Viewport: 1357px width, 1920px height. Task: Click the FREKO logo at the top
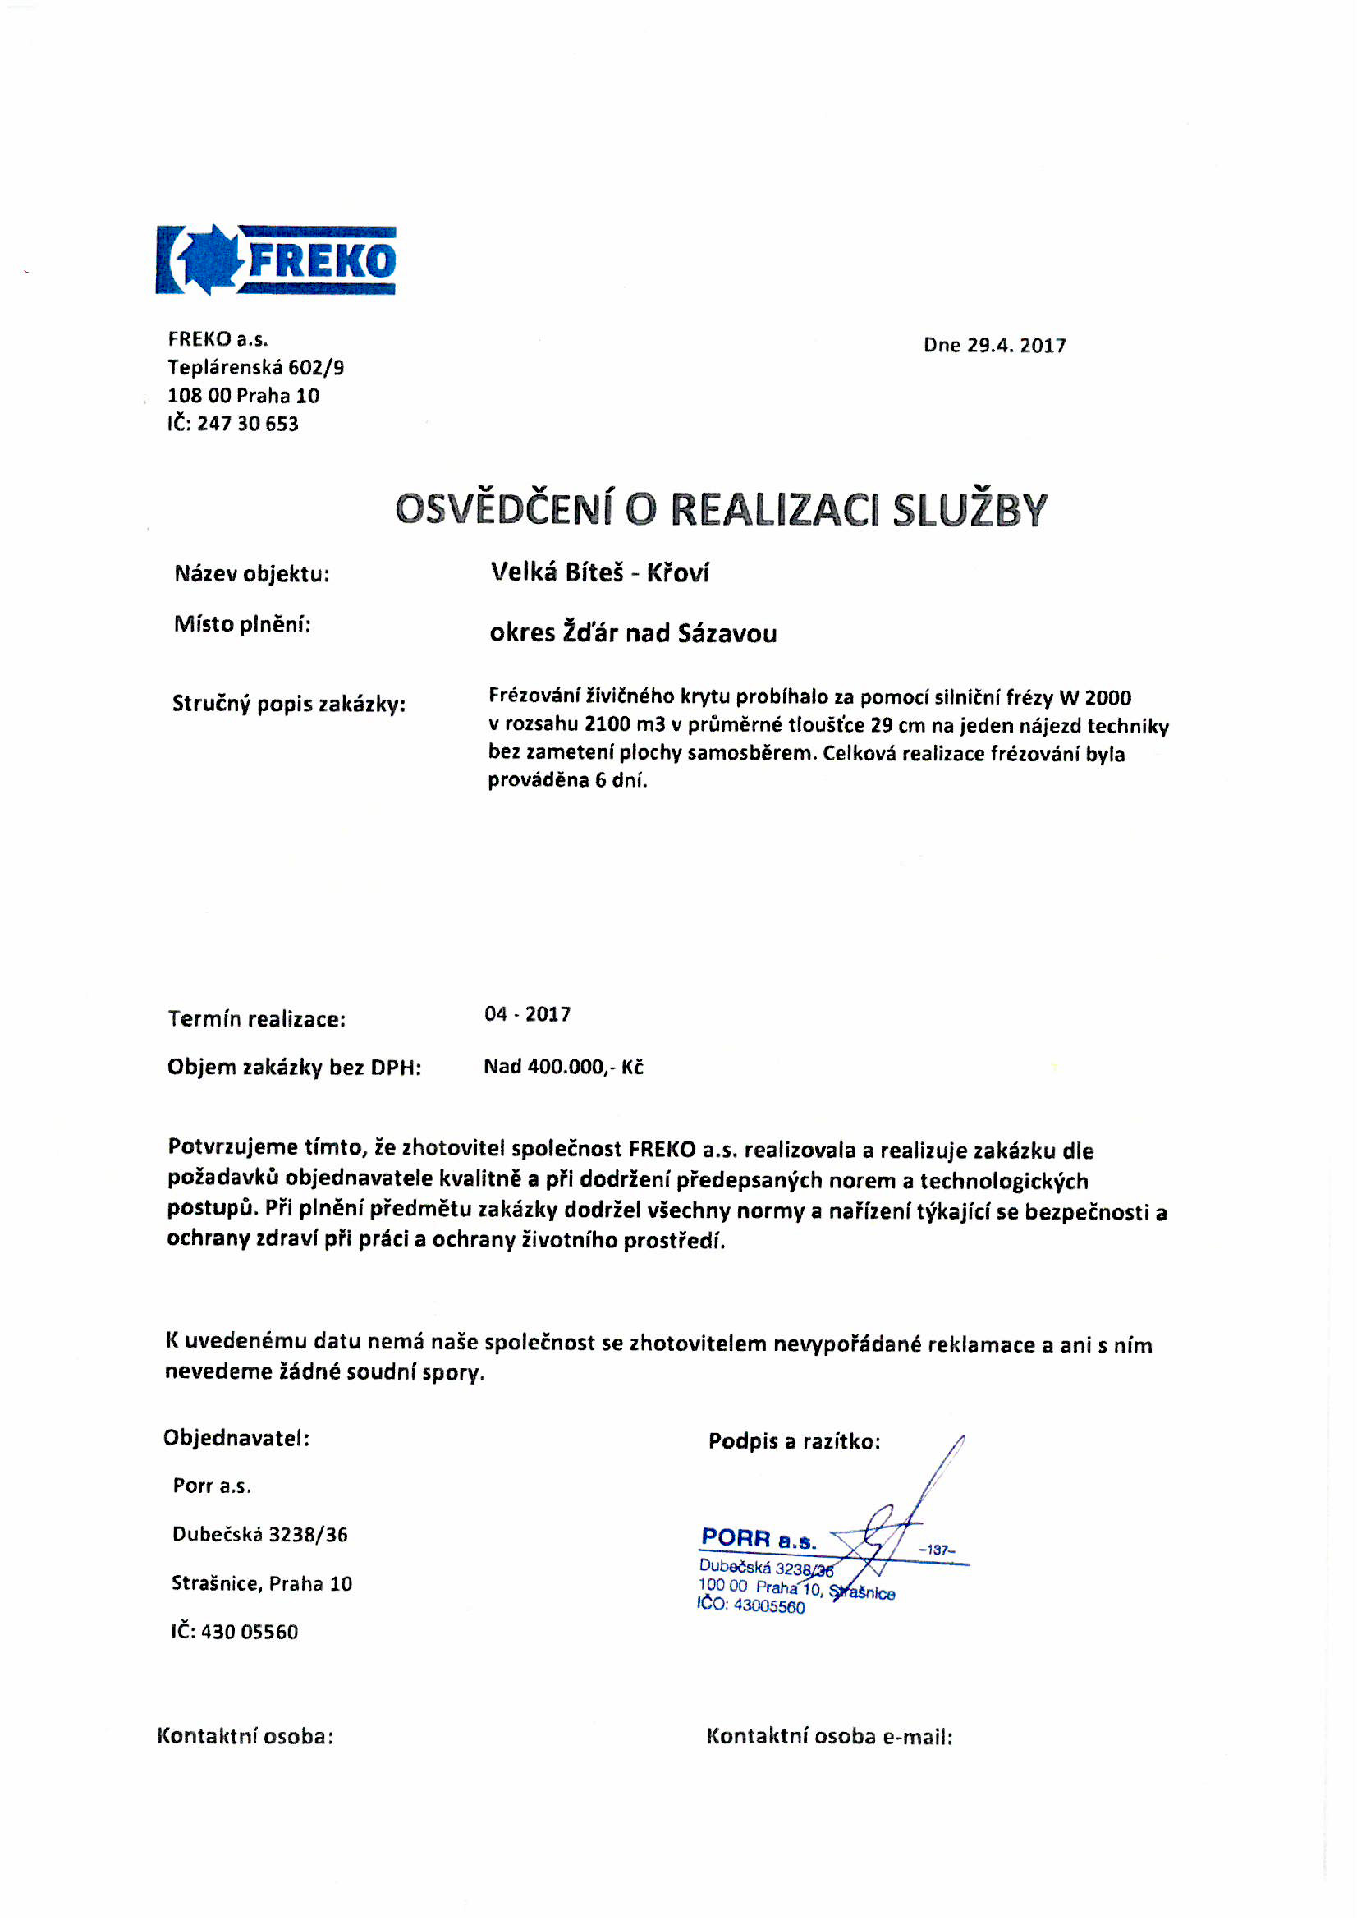tap(275, 260)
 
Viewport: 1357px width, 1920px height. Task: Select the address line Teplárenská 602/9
tap(255, 367)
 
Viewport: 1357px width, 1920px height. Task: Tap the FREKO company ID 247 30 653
tap(247, 424)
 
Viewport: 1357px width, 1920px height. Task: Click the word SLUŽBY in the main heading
tap(969, 510)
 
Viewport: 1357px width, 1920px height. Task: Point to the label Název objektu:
tap(252, 574)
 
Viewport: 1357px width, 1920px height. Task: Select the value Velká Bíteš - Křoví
tap(599, 573)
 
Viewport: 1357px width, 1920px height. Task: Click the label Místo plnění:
tap(242, 624)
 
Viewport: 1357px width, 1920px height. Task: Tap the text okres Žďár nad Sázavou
tap(633, 633)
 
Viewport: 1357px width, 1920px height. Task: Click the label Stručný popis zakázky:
tap(288, 703)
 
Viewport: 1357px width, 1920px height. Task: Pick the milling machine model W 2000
tap(1095, 697)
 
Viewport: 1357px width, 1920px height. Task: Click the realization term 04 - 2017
tap(528, 1014)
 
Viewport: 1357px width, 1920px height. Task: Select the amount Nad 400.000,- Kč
tap(563, 1066)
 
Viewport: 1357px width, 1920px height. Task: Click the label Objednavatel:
tap(236, 1437)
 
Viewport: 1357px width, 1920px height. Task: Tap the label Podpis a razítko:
tap(794, 1441)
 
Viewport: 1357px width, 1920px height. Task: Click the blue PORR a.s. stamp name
tap(759, 1538)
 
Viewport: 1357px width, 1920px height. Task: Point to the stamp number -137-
tap(937, 1550)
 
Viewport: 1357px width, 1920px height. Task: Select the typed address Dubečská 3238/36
tap(259, 1535)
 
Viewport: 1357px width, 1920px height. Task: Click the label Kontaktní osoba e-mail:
tap(828, 1736)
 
